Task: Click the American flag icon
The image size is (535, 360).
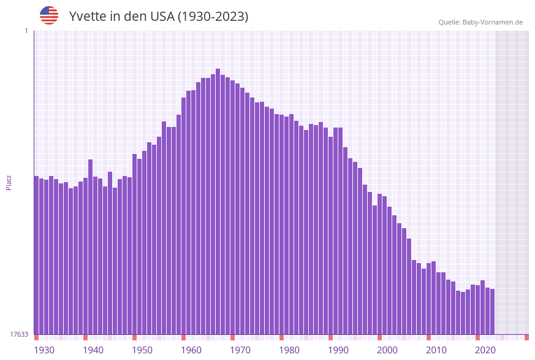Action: coord(49,15)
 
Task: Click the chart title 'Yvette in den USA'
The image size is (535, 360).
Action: coord(159,17)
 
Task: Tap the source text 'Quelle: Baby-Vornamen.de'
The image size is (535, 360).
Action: coord(480,22)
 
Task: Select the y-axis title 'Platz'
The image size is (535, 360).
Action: coord(9,182)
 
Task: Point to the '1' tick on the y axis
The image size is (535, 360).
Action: coord(26,31)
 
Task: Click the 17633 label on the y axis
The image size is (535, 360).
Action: coord(19,334)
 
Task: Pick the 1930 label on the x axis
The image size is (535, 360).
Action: coord(44,350)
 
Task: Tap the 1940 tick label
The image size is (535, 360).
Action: coord(93,350)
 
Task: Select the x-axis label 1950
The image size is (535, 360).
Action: coord(142,350)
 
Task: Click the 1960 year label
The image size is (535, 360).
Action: coord(191,350)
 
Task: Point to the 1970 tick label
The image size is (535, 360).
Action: coord(240,350)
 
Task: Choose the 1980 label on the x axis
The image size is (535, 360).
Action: coord(289,350)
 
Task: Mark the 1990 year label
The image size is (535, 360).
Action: coord(338,350)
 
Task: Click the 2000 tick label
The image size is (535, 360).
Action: coord(387,350)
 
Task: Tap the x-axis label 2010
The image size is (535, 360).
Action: coord(436,350)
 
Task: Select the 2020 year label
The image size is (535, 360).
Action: coord(485,350)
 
